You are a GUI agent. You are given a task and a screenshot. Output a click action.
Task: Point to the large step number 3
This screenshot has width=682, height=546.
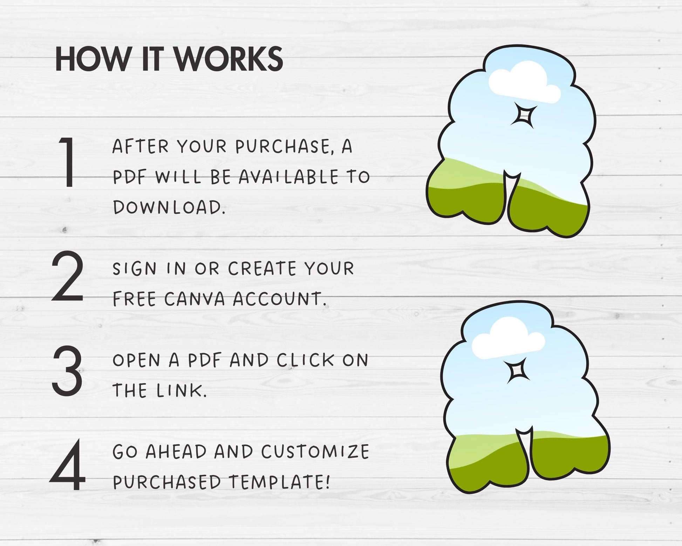pyautogui.click(x=67, y=370)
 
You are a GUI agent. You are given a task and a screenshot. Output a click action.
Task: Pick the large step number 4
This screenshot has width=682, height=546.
pyautogui.click(x=67, y=464)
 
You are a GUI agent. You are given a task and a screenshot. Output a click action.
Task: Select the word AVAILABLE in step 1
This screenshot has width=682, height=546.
pyautogui.click(x=289, y=177)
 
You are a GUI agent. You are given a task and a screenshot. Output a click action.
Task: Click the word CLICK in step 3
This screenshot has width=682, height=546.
pyautogui.click(x=305, y=360)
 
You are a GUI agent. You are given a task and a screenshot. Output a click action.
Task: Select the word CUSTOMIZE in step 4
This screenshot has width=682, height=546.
pyautogui.click(x=315, y=451)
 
